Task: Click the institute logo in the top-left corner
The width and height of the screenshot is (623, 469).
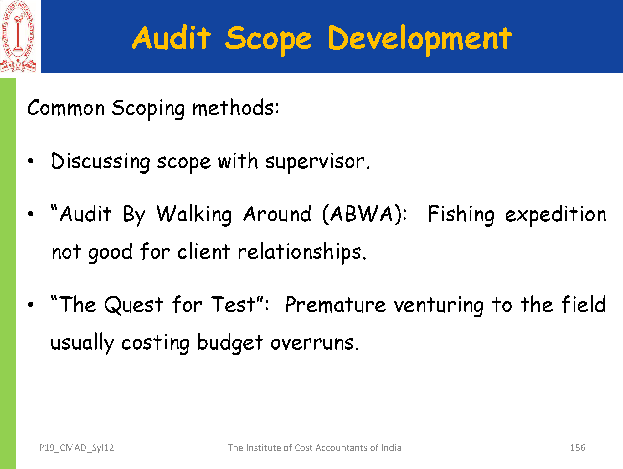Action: [18, 37]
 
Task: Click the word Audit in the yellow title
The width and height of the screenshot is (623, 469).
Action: [172, 38]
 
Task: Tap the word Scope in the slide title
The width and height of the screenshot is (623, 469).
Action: [269, 40]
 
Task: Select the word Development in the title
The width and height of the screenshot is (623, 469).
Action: [420, 40]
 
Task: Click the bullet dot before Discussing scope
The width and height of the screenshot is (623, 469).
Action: [30, 161]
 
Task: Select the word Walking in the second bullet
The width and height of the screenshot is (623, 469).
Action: [194, 215]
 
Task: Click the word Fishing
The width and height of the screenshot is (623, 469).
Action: [461, 215]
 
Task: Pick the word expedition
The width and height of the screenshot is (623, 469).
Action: [556, 215]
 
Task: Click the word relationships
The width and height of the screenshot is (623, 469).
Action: [300, 252]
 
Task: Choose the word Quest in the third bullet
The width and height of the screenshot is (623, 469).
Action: [134, 305]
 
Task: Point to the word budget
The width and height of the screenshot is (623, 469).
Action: [230, 343]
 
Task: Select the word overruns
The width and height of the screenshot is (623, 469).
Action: [312, 343]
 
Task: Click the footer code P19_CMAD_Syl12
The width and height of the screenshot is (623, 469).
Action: [76, 448]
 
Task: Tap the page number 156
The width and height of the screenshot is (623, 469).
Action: [578, 448]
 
